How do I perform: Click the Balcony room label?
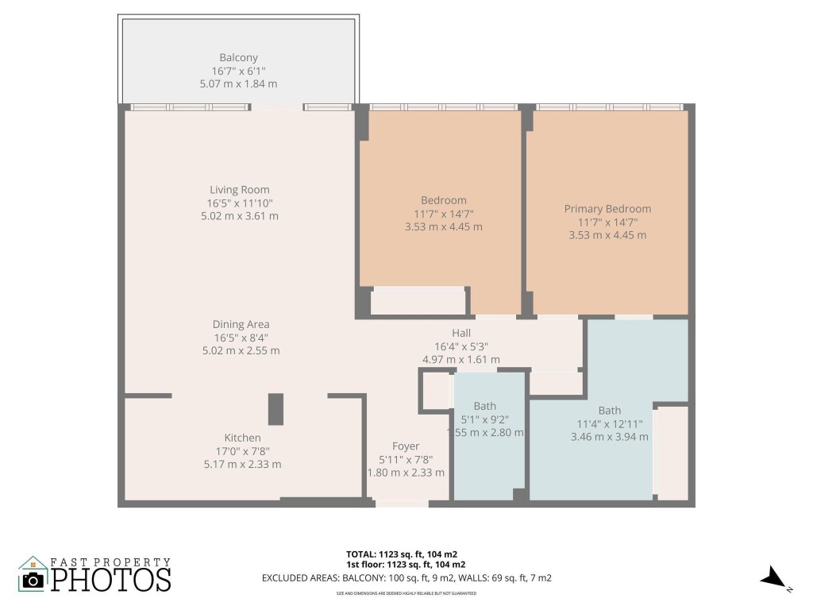pos(238,58)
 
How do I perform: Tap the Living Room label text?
pos(239,190)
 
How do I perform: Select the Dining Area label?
pos(241,324)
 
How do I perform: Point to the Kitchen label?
pos(242,438)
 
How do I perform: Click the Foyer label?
pos(406,446)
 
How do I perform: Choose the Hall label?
pos(461,334)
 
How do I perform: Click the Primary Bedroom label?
pos(607,209)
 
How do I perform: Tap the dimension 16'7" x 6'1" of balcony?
pos(238,71)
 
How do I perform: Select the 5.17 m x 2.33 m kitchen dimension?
pos(242,464)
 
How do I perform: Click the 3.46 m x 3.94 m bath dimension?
pos(609,436)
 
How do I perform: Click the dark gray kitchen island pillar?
pos(275,409)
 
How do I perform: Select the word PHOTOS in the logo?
pos(111,579)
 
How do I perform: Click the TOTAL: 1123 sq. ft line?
pos(401,554)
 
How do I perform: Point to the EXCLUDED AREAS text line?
pos(406,578)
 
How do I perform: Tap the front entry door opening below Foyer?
pos(401,503)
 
